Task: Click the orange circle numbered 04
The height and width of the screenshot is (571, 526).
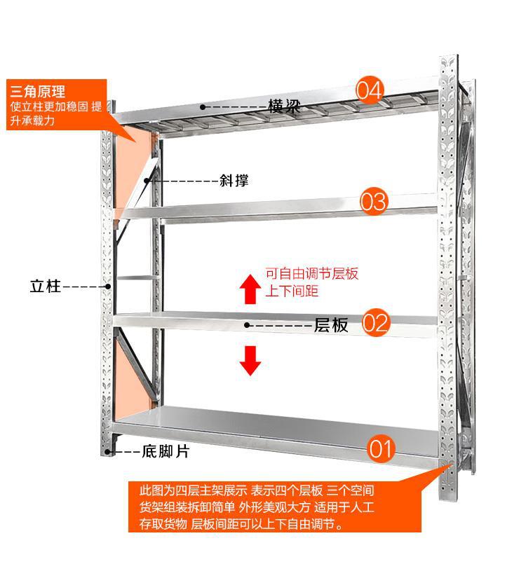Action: [370, 90]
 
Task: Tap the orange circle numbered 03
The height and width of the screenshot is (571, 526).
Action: [374, 202]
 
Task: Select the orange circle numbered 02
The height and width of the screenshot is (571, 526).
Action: [376, 323]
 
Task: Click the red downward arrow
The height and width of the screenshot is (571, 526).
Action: [250, 360]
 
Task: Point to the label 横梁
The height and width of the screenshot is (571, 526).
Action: [284, 107]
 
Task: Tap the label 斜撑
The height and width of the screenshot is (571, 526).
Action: [234, 181]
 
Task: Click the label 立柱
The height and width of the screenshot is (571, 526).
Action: [46, 286]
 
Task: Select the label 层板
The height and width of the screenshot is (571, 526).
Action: [331, 325]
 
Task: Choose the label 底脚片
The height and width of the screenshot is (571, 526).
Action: [166, 452]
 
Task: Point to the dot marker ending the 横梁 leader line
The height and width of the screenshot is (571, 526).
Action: [202, 107]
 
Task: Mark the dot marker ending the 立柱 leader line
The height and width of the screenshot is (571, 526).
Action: [108, 286]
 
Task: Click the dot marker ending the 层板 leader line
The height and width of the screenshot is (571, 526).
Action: [247, 325]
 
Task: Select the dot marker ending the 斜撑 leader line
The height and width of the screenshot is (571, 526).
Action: [147, 181]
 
